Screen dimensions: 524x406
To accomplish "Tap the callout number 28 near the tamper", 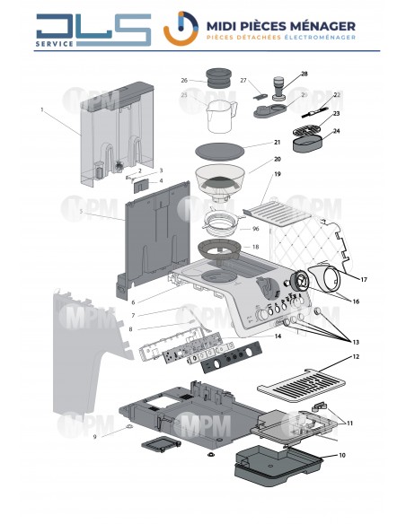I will pos(304,74).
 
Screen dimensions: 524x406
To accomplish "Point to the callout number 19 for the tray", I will pos(278,173).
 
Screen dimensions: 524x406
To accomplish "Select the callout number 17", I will pos(365,280).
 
